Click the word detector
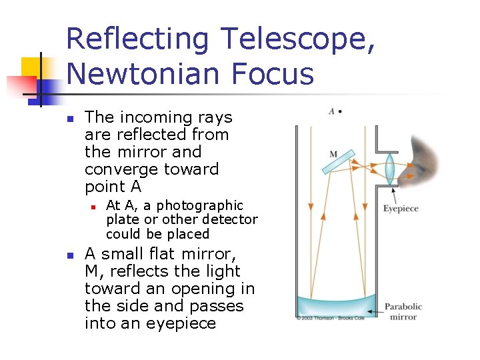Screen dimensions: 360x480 (x=229, y=219)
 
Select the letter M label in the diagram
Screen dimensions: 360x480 (x=333, y=155)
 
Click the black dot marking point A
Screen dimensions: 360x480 (x=340, y=111)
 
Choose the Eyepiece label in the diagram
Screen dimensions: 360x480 (x=401, y=209)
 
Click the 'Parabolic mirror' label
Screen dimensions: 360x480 (x=403, y=311)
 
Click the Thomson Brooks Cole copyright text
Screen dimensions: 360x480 (x=329, y=319)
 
